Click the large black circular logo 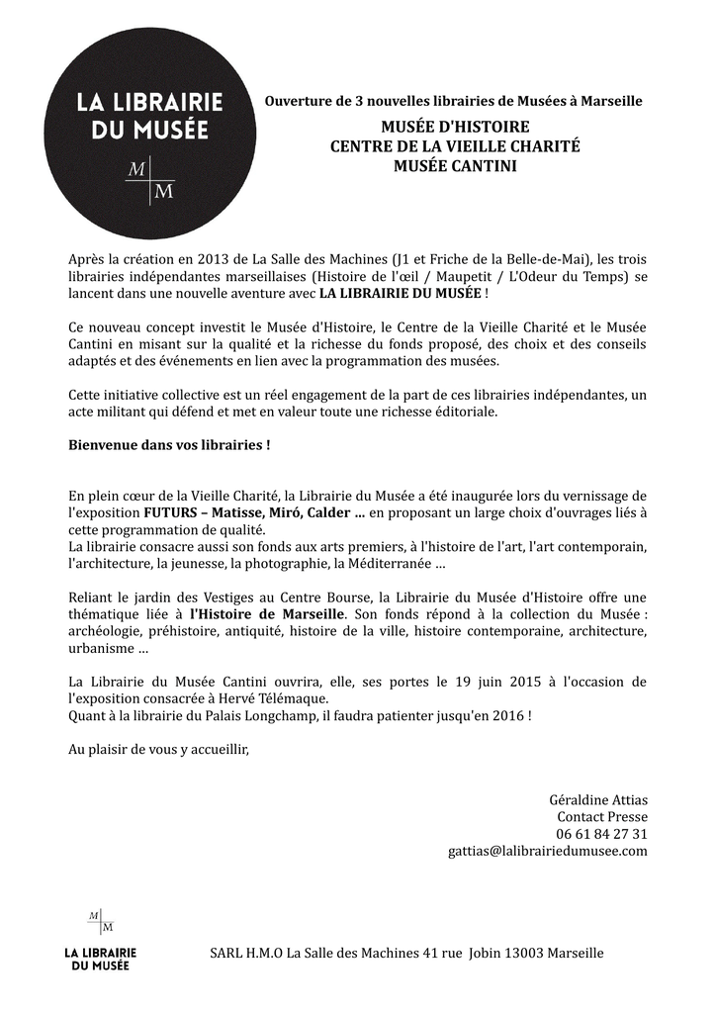150,133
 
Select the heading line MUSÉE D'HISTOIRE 455,127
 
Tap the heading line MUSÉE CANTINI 455,166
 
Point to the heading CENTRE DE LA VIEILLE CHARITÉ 455,146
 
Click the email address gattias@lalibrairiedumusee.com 547,850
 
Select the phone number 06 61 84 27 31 601,833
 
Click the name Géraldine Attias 598,799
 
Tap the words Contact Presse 601,816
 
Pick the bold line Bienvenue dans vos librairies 169,445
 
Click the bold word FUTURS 170,512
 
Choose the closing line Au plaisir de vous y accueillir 159,749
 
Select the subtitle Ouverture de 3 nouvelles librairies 454,101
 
